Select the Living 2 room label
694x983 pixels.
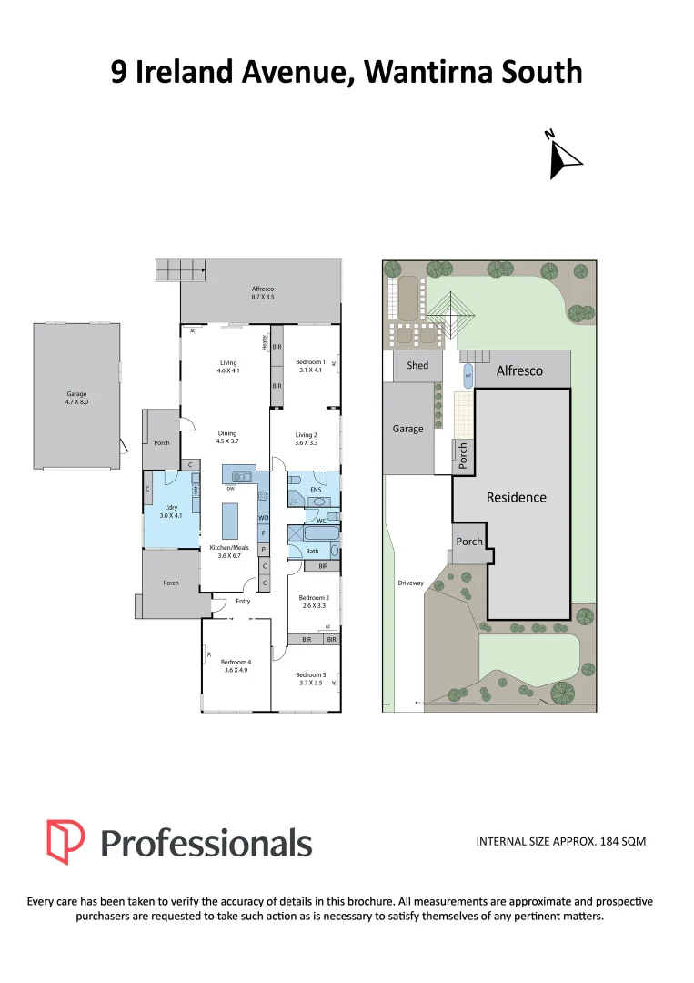click(x=307, y=435)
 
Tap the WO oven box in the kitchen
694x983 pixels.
click(x=263, y=517)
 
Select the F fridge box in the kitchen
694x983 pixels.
click(x=263, y=532)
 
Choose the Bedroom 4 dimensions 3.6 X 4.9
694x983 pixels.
click(x=236, y=670)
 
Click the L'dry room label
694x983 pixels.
click(x=171, y=507)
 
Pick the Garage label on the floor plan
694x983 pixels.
click(x=76, y=394)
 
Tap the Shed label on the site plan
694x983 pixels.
click(x=417, y=366)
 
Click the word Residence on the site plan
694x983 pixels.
click(x=517, y=497)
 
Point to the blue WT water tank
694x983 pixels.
click(x=468, y=373)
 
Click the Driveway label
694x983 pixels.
click(x=410, y=583)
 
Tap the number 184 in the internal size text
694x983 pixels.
click(x=609, y=842)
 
